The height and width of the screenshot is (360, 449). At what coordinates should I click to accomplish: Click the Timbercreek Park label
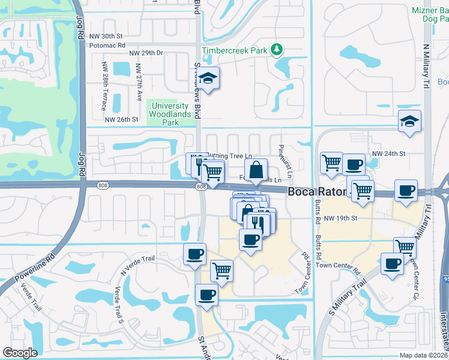point(235,51)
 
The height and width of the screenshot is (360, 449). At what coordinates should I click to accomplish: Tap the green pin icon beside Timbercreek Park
point(277,50)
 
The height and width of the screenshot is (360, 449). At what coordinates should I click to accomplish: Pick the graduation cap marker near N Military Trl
point(410,122)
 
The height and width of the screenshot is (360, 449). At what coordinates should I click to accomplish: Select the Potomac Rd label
point(107,45)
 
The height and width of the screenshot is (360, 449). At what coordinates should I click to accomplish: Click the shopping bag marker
point(256,170)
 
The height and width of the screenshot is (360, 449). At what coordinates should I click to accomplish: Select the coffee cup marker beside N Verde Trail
point(194,254)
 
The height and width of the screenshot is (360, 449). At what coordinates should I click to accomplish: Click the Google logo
point(20,353)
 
